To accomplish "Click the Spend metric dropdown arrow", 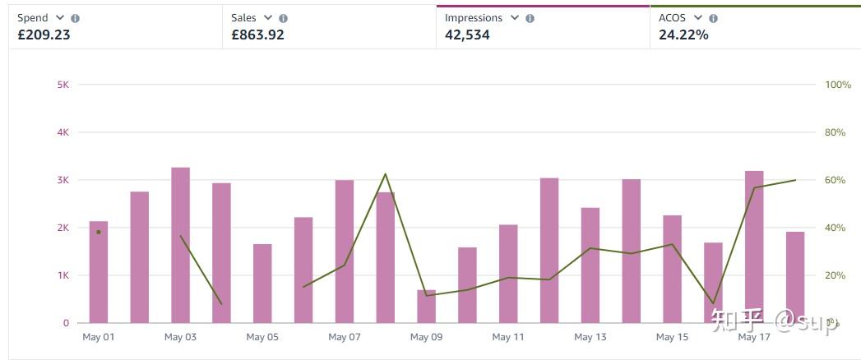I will (59, 17).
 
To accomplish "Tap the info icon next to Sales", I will (284, 18).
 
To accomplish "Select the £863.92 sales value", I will (257, 35).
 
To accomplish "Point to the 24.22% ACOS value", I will (683, 35).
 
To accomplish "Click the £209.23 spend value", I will (44, 35).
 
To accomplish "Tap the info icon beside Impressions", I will (530, 18).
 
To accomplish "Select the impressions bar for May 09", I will (426, 306).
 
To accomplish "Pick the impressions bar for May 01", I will (99, 272).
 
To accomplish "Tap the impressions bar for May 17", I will (754, 247).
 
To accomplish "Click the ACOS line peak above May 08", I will (385, 174).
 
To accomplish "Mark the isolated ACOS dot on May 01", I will (99, 232).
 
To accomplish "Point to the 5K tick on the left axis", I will (62, 85).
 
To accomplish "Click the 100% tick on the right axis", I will (838, 85).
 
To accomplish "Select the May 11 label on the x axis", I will (508, 337).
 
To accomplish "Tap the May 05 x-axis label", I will (262, 337).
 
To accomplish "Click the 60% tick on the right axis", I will (836, 180).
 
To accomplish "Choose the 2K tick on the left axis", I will (62, 228).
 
